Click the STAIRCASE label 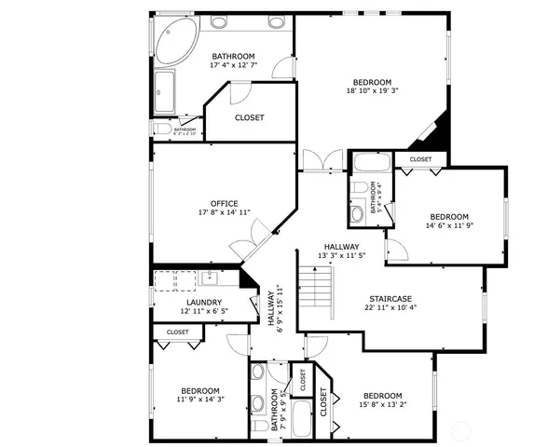click(x=389, y=298)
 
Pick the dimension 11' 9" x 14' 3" click(x=199, y=400)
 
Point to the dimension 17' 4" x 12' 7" click(x=233, y=66)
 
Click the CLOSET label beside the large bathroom click(x=249, y=117)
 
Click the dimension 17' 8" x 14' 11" click(x=225, y=212)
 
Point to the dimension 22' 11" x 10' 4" click(x=389, y=307)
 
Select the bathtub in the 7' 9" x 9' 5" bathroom click(x=300, y=420)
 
